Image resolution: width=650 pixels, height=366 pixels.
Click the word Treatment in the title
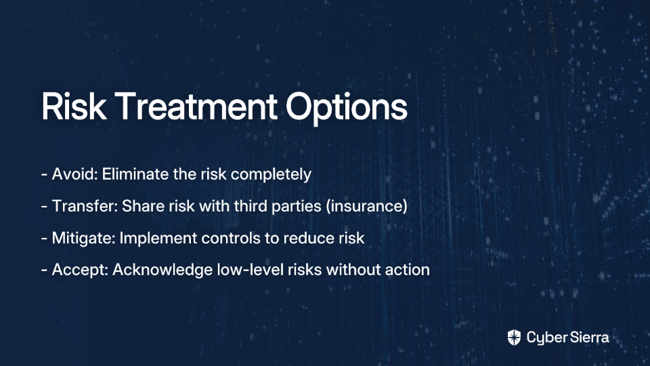(x=196, y=106)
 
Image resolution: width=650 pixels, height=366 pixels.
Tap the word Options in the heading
(x=347, y=108)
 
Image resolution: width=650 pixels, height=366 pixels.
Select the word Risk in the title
(x=74, y=106)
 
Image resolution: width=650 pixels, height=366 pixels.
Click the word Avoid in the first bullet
(x=75, y=174)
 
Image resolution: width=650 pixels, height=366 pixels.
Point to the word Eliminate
(x=135, y=174)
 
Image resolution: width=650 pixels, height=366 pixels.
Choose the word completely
(x=271, y=175)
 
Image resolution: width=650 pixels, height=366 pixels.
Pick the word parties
(x=296, y=207)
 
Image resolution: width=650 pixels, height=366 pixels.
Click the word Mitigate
(x=83, y=239)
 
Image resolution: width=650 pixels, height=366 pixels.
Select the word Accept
(x=80, y=270)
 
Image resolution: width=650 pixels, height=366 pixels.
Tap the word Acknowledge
(x=162, y=270)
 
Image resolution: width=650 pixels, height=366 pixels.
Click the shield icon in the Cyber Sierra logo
(x=514, y=338)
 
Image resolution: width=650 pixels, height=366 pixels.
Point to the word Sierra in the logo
(x=588, y=338)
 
